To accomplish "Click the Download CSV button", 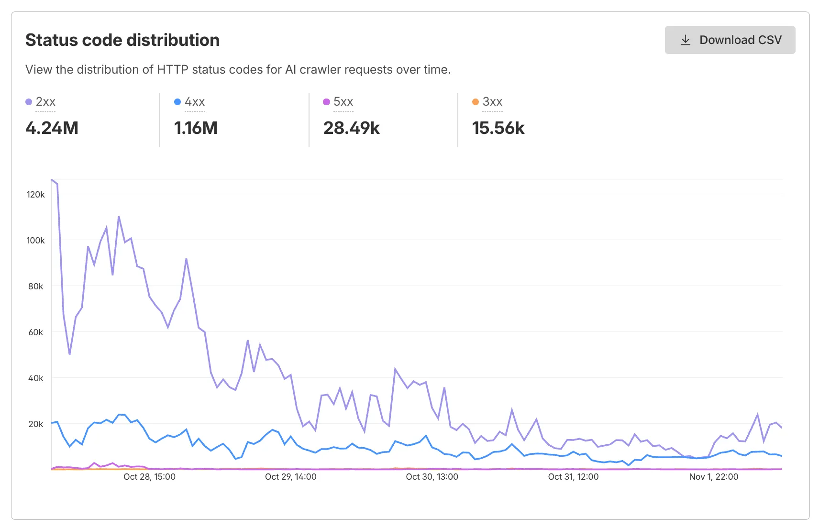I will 730,40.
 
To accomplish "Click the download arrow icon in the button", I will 686,40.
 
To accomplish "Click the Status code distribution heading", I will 122,40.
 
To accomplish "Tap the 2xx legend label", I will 45,102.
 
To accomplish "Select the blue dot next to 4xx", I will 177,102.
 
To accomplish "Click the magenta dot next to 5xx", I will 326,102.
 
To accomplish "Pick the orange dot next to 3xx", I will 475,102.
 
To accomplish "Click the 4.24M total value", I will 52,128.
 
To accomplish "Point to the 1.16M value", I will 196,128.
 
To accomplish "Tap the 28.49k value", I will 351,128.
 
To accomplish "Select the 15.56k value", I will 498,128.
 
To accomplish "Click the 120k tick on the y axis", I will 35,195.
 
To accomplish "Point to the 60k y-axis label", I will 35,332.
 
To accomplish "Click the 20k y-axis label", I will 35,424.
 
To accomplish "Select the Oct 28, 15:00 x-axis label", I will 149,477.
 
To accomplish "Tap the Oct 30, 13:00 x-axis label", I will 432,477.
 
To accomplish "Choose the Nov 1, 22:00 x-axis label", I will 713,477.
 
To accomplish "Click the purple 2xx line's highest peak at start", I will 52,180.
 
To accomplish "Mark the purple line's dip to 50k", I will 70,354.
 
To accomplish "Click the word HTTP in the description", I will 172,70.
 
